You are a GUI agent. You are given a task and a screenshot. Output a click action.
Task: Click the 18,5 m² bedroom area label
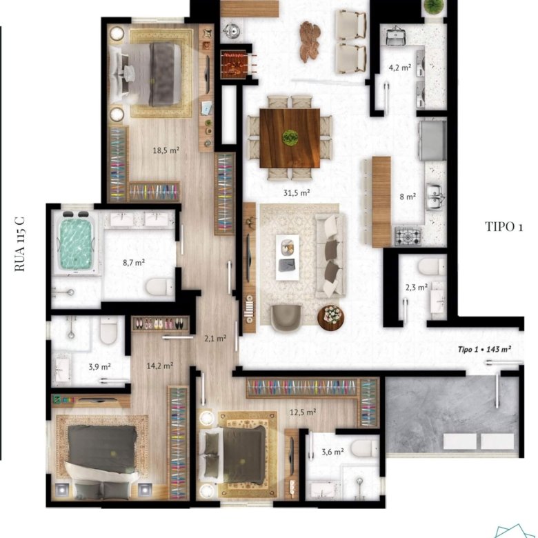click(166, 150)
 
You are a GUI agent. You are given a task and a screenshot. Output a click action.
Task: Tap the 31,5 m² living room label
click(297, 193)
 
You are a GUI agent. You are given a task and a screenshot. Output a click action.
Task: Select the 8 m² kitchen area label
click(408, 197)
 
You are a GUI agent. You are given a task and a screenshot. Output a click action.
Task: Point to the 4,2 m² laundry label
click(400, 68)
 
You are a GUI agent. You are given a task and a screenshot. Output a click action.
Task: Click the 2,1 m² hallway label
click(215, 339)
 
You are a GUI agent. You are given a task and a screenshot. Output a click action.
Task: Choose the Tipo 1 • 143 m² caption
click(484, 349)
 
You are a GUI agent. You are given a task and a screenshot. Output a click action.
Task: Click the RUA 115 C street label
click(20, 243)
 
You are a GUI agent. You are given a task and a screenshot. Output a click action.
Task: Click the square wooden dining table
click(290, 138)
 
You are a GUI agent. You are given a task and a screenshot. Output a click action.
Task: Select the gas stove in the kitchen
click(408, 237)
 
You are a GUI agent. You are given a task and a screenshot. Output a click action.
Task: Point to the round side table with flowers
click(331, 318)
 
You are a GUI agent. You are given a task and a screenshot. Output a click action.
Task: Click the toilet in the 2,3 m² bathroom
click(432, 267)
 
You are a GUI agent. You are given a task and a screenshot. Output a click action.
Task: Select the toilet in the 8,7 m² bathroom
click(160, 287)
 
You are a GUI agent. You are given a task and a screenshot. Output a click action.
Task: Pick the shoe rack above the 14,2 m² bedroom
click(160, 323)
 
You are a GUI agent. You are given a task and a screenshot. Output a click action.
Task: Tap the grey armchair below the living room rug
click(286, 318)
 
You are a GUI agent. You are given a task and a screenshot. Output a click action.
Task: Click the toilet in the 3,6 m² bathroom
click(366, 448)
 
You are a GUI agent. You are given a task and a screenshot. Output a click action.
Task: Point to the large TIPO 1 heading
click(504, 227)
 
